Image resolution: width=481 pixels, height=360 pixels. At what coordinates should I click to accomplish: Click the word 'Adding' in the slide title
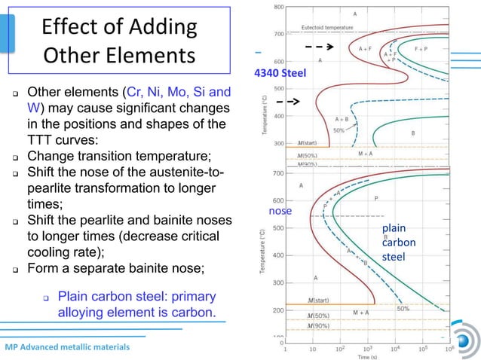click(x=158, y=28)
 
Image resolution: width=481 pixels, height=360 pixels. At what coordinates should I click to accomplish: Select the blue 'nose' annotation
click(x=280, y=212)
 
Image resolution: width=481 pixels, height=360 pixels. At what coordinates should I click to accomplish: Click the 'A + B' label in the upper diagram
click(x=342, y=118)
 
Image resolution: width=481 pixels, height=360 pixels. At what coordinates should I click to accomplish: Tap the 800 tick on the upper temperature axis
click(x=279, y=7)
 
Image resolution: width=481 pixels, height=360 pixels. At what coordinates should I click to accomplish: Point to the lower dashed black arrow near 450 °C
click(x=287, y=100)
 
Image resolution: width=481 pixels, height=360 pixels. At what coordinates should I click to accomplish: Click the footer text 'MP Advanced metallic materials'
click(x=67, y=347)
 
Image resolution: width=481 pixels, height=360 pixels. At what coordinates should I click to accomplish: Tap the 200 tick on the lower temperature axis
click(x=278, y=310)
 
